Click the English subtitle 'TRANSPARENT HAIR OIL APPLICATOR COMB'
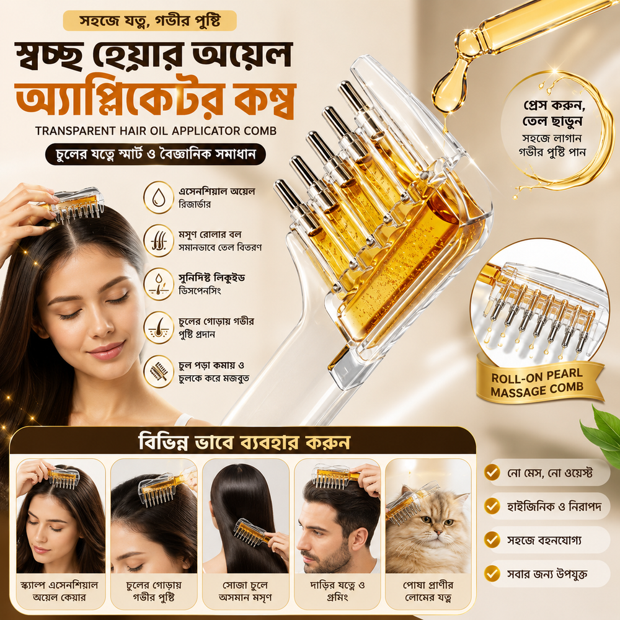pos(156,131)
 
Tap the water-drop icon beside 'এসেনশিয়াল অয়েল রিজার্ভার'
pos(158,197)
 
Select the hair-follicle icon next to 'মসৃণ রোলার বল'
pos(158,241)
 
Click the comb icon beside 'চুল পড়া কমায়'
pos(158,371)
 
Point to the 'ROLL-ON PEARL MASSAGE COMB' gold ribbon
pos(538,382)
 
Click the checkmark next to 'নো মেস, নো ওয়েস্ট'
pos(492,472)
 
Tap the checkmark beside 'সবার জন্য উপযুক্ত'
pos(492,573)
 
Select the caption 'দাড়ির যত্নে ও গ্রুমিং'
pos(337,591)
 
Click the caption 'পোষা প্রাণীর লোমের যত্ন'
pos(428,591)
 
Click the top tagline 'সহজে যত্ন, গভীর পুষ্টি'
pos(150,20)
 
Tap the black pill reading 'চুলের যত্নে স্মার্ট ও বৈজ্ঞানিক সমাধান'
pos(156,154)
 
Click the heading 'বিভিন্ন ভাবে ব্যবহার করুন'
pos(244,441)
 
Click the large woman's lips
pos(106,351)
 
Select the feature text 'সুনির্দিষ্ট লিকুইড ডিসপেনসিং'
pos(212,285)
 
